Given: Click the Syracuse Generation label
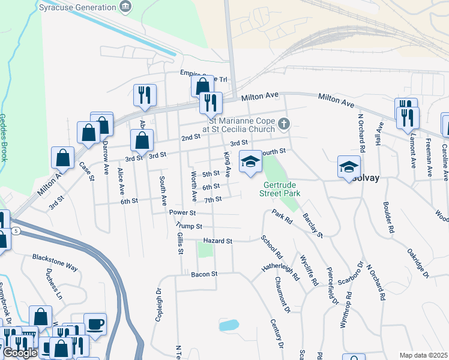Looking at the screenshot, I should click(x=77, y=8).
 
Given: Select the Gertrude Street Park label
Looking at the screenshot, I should click(x=279, y=190).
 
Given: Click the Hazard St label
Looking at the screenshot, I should click(x=217, y=241).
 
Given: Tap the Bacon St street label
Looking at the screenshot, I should click(x=203, y=274).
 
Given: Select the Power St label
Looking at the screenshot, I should click(x=182, y=212).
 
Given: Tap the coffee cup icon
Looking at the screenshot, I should click(x=95, y=324).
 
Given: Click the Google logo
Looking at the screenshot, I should click(x=20, y=353).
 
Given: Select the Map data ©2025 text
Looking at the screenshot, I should click(x=423, y=355).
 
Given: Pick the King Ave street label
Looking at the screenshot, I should click(x=228, y=164).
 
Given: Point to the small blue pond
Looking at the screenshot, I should click(x=229, y=326).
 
